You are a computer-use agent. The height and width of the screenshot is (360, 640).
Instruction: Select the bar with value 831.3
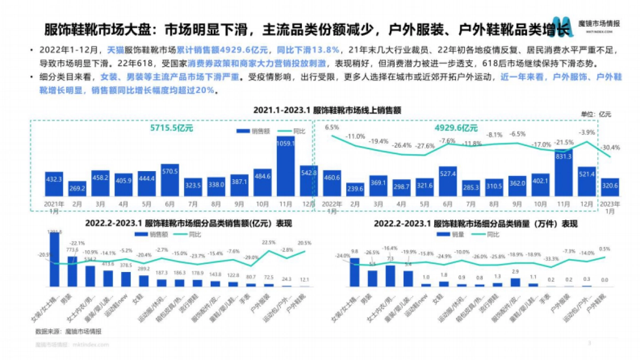pyautogui.click(x=564, y=173)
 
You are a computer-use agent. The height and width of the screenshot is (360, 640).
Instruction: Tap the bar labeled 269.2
pyautogui.click(x=77, y=189)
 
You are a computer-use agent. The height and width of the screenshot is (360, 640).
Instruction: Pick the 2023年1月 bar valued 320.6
pyautogui.click(x=610, y=188)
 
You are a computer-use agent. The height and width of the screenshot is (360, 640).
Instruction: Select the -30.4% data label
pyautogui.click(x=610, y=148)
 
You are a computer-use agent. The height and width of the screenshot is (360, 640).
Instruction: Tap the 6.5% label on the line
pyautogui.click(x=332, y=127)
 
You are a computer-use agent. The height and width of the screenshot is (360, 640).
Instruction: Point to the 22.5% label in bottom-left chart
pyautogui.click(x=268, y=243)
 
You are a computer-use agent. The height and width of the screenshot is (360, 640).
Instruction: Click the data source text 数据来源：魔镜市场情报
pyautogui.click(x=68, y=332)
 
